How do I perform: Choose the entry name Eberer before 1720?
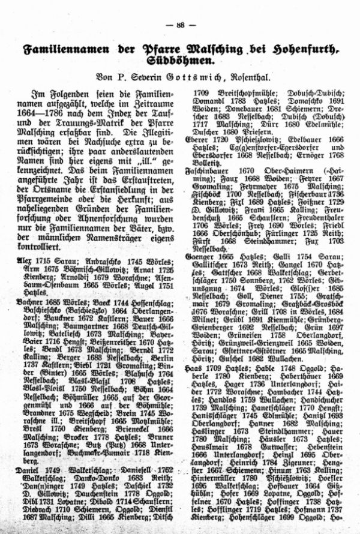(196, 138)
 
